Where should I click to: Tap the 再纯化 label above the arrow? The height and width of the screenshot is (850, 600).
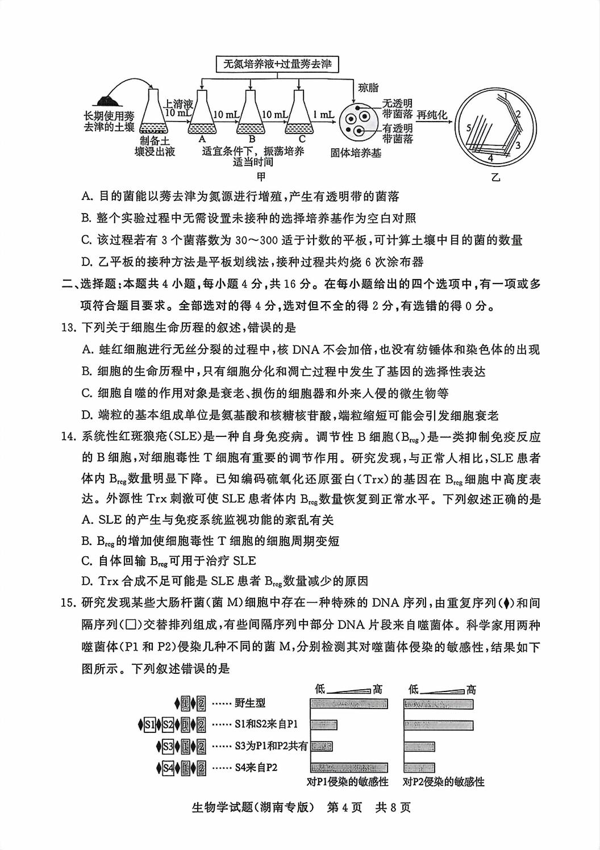[432, 115]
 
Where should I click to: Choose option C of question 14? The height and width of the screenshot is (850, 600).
[87, 561]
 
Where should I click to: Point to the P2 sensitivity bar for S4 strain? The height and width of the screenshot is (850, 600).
[419, 768]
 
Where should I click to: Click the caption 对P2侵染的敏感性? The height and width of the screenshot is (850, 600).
[444, 782]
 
